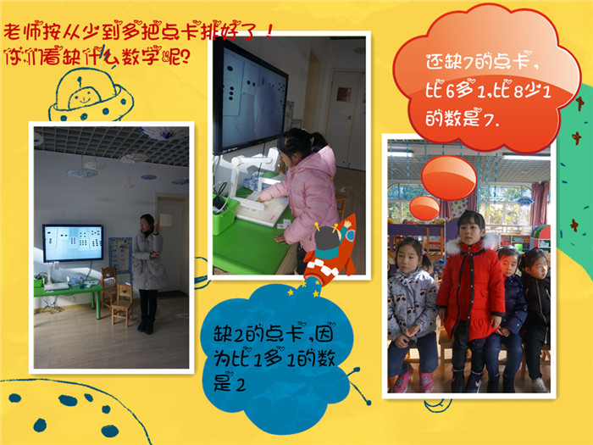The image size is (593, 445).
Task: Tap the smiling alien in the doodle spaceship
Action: tap(85, 97)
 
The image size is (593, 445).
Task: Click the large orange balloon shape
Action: tap(449, 178)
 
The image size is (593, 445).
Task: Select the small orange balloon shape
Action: tap(424, 208)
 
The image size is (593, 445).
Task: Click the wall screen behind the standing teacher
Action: tap(73, 242)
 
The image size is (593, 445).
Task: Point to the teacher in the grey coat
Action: tap(148, 273)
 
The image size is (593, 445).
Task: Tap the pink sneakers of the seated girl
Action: tap(413, 381)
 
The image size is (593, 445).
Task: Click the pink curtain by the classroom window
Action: tap(540, 203)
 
